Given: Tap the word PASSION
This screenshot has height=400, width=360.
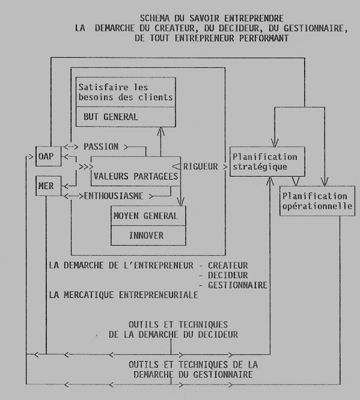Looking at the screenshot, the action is [101, 147].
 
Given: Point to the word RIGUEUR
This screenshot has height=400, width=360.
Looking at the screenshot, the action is [201, 166].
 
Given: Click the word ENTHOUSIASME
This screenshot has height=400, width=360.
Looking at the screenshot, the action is [114, 196].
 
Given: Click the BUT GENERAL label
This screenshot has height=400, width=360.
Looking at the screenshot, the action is [111, 117].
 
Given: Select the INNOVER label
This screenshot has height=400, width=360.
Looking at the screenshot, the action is [146, 235].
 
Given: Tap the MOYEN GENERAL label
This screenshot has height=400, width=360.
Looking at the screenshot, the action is [145, 216].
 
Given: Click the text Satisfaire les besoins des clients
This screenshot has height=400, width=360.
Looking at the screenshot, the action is [126, 92].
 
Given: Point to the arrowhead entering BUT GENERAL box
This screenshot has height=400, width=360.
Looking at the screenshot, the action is [160, 131].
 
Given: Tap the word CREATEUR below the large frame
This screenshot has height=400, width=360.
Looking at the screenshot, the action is [228, 265].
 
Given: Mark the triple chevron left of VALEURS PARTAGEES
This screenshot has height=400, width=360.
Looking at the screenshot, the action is [86, 167].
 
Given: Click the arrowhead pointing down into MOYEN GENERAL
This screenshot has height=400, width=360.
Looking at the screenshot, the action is [180, 202].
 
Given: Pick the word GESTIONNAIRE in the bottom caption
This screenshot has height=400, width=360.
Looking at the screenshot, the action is [223, 375].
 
